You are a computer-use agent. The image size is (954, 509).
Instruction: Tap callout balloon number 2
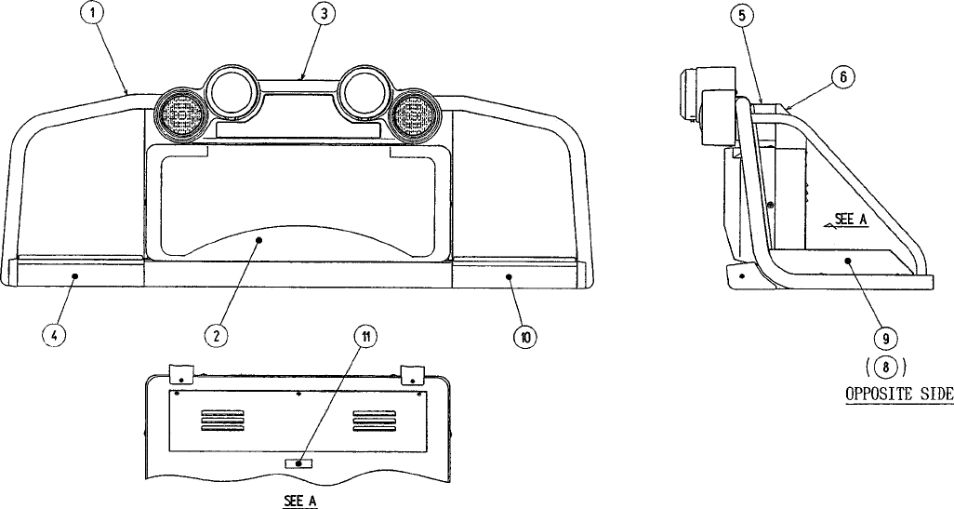pyautogui.click(x=215, y=335)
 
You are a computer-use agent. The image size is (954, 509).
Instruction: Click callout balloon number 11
pyautogui.click(x=368, y=337)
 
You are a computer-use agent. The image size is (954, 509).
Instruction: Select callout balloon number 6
pyautogui.click(x=841, y=77)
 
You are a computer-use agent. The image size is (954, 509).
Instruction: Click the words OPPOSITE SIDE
pyautogui.click(x=898, y=394)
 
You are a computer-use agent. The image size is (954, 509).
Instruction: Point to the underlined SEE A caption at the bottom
pyautogui.click(x=300, y=500)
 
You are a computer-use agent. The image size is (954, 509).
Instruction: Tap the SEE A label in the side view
pyautogui.click(x=849, y=221)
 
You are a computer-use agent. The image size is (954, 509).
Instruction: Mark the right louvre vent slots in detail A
pyautogui.click(x=375, y=421)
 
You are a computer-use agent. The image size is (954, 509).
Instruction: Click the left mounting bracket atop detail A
pyautogui.click(x=180, y=376)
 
